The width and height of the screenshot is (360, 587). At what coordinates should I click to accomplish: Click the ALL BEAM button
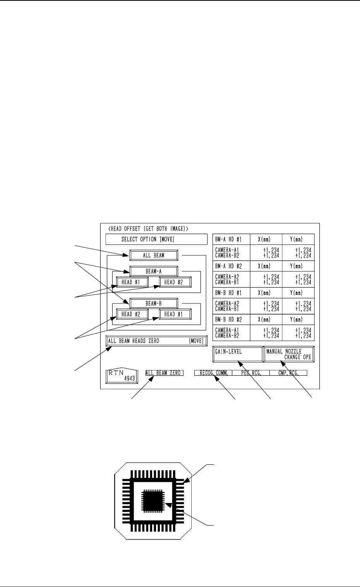point(154,255)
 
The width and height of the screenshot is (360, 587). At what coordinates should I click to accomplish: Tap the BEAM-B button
point(154,303)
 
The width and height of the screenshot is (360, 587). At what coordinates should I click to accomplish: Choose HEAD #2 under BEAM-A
point(175,282)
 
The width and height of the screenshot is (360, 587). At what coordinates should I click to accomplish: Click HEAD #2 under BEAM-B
point(132,314)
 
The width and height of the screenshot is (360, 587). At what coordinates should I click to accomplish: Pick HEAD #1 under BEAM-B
point(175,314)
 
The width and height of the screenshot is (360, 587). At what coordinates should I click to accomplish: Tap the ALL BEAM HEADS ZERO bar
point(156,341)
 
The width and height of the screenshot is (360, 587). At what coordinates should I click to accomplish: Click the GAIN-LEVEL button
point(238,354)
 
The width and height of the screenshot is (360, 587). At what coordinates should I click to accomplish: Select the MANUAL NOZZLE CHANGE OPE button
point(289,354)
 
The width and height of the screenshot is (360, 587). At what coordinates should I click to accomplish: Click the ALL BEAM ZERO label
point(164,373)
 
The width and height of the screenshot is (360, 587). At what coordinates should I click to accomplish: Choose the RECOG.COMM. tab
point(213,373)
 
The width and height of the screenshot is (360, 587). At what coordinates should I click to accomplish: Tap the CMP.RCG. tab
point(288,373)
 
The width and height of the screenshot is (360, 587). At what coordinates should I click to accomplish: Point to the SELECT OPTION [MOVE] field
point(156,239)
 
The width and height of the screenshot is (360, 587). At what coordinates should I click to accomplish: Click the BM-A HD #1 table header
point(228,240)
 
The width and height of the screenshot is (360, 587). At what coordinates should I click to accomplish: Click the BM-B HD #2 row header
point(228,320)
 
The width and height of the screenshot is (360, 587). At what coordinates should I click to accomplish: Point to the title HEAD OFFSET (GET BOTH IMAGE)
point(147,228)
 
